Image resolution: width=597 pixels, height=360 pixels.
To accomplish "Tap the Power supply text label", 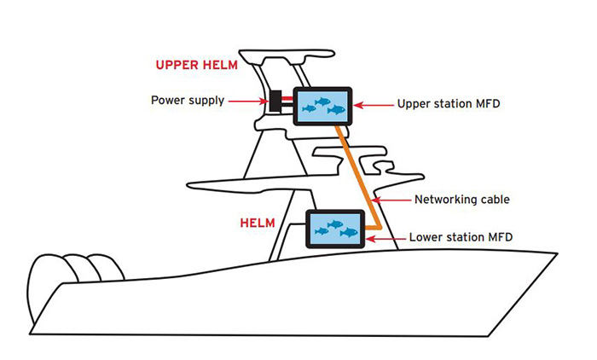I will click(188, 101).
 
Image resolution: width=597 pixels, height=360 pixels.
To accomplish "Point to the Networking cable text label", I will click(461, 200).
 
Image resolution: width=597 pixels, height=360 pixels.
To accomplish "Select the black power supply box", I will click(276, 101).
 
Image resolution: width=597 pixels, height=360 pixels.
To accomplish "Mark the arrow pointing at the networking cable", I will click(391, 200).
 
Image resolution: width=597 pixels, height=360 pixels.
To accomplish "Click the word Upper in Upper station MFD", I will click(414, 106).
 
